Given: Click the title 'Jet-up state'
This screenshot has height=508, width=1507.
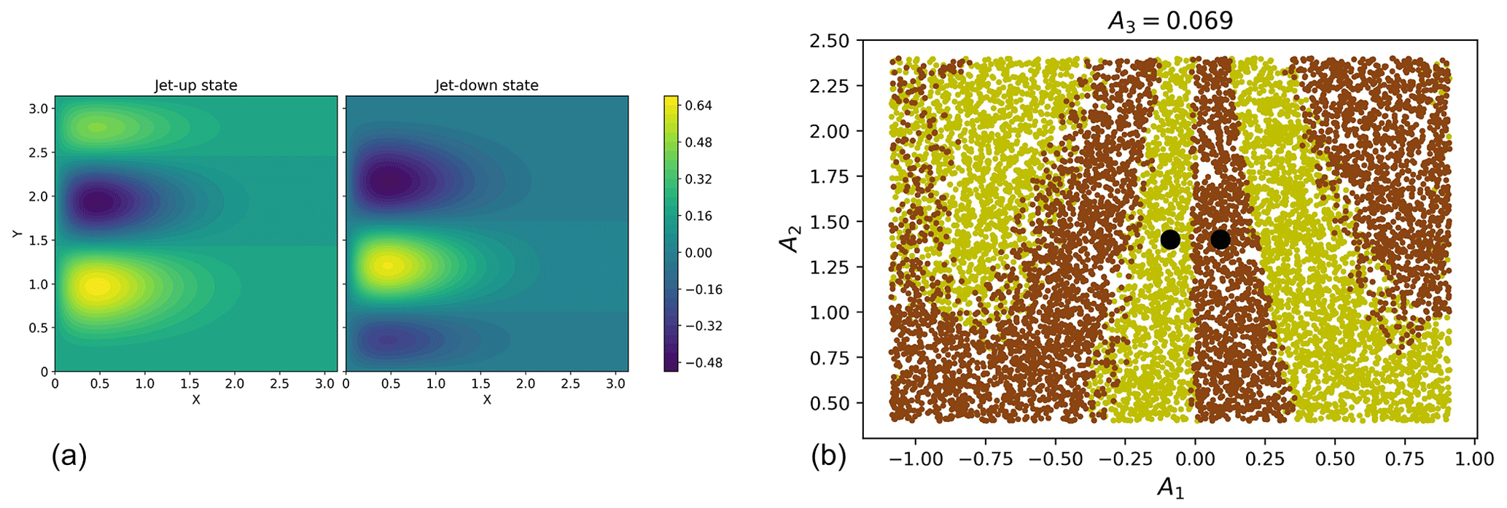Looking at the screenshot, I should pos(195,85).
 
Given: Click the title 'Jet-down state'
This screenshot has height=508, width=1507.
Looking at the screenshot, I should pos(486,85).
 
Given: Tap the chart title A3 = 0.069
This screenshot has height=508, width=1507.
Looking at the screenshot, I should pos(1170,20).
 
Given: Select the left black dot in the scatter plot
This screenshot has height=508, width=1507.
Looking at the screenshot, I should pos(1170,239).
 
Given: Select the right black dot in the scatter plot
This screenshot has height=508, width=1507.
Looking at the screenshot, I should pos(1220,239).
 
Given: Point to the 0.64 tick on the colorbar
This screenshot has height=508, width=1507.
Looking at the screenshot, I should pos(698,106).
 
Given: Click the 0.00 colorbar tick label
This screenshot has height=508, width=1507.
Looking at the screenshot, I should pos(698,253).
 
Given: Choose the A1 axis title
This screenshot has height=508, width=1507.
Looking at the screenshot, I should pos(1170,488).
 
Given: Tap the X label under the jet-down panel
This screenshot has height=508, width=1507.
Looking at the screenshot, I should pos(486,400).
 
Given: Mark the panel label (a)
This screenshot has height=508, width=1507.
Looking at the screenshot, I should pos(69,456).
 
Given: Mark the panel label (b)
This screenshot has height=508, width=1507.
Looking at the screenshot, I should pos(829,456).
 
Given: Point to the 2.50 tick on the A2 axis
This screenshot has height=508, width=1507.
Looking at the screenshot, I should pos(830,41).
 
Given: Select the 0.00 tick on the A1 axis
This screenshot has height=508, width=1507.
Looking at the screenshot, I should pos(1195,459).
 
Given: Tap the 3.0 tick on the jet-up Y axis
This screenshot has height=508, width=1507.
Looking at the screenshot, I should pos(38,109).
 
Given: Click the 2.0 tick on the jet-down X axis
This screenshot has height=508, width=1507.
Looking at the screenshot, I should pos(526,383).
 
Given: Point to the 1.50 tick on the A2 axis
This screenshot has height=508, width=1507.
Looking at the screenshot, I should pos(830,222).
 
